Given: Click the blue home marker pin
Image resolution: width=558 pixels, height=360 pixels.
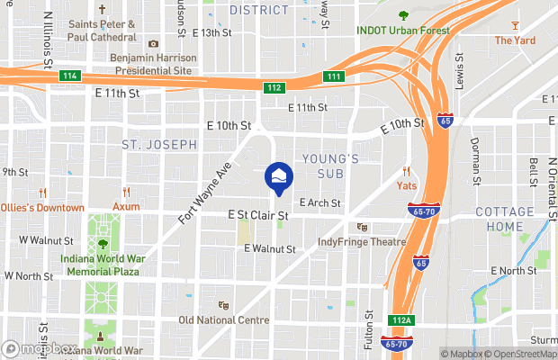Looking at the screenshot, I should point(278,177).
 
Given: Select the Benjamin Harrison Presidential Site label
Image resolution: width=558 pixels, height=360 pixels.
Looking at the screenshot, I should point(151,63).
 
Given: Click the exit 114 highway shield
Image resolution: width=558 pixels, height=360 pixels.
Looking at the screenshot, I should point(69,76).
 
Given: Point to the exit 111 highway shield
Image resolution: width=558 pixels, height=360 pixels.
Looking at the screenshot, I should point(333,76).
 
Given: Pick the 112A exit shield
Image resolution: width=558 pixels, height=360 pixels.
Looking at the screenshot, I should point(402,319).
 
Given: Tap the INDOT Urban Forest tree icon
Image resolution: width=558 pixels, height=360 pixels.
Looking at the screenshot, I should point(401,15).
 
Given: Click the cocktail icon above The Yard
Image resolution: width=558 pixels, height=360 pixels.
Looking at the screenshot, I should point(515,24).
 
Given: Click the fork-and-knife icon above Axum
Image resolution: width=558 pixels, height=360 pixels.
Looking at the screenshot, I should point(126,192).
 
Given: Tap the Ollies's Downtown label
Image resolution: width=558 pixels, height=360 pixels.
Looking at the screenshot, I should point(41,208).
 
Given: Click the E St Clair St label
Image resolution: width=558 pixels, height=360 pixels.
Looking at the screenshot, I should point(257,216).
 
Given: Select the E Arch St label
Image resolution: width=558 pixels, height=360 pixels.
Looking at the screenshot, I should point(320,203).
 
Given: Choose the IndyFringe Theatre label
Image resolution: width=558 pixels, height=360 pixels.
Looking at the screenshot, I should point(362,242).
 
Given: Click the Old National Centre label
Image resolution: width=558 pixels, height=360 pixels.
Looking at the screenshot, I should point(223,320).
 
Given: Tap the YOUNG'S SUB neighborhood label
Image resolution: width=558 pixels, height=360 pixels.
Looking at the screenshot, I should point(330,166).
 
